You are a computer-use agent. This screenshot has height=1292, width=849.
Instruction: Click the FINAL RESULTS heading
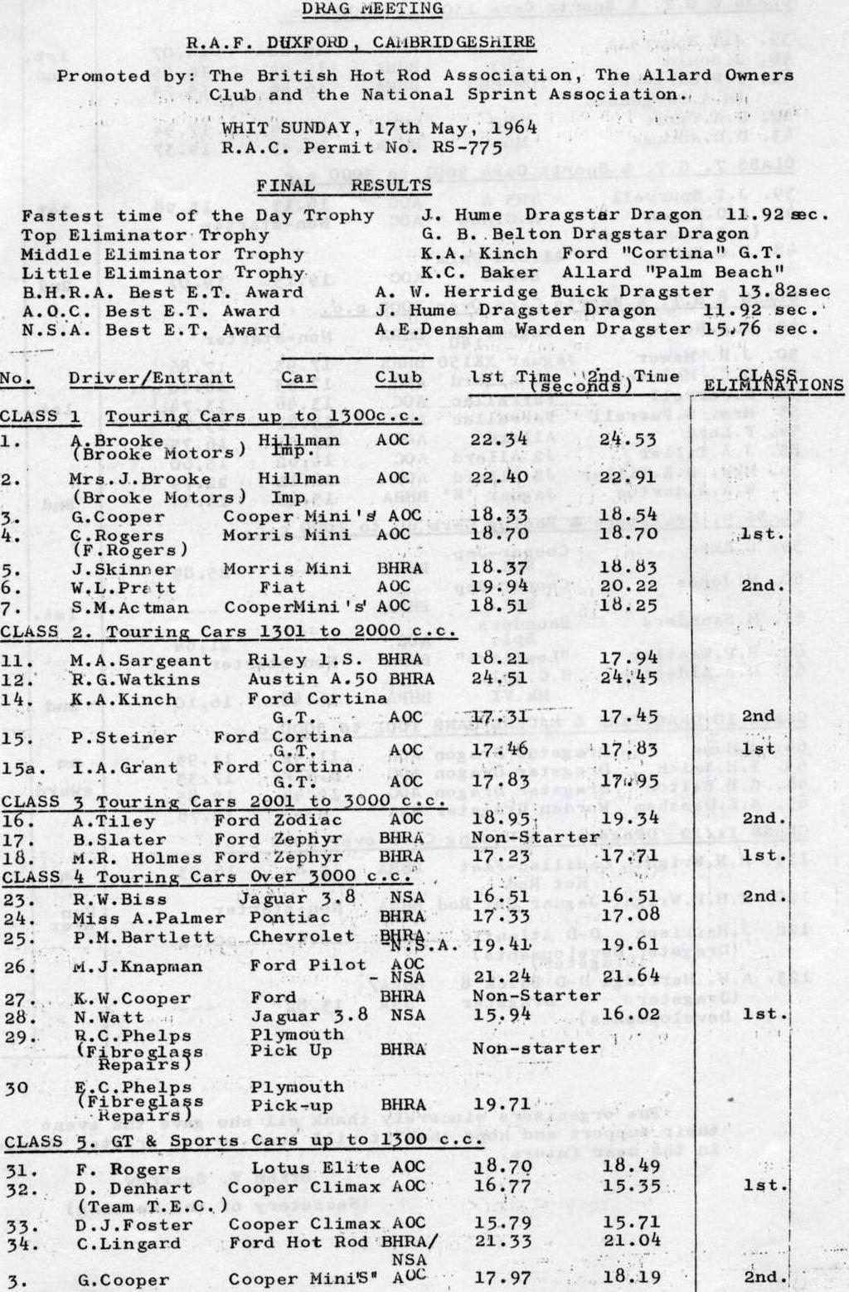(x=344, y=185)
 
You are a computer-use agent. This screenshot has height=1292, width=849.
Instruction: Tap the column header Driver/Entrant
(x=151, y=378)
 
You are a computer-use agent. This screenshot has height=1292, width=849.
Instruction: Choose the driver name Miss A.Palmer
(x=148, y=918)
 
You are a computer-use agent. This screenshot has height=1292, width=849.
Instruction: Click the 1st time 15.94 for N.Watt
(x=499, y=1014)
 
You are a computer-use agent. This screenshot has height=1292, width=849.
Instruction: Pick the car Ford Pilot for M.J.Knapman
(x=308, y=966)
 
